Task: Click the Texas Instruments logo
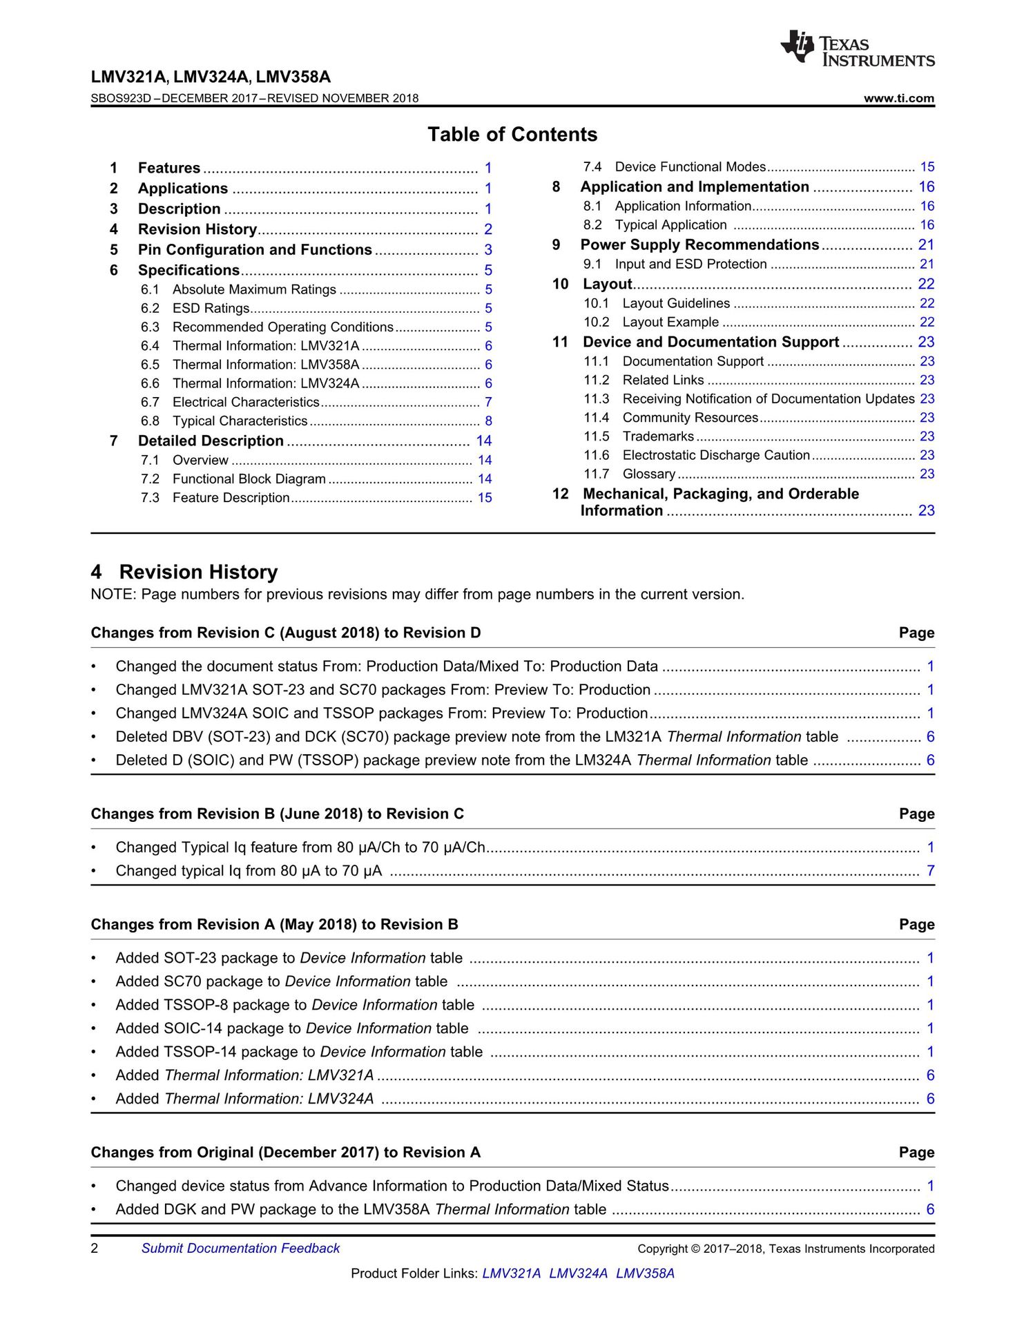coord(858,49)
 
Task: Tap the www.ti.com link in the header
coord(899,98)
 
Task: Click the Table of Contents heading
coord(512,135)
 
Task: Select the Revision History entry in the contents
coord(197,229)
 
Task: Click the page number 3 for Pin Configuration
coord(488,250)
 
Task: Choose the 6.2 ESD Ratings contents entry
coord(211,308)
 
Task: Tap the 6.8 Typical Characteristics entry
coord(240,421)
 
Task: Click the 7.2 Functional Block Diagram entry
coord(249,479)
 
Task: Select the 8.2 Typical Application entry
coord(670,225)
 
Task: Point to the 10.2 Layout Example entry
coord(670,322)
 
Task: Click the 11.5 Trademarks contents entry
coord(658,436)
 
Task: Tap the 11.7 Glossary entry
coord(648,474)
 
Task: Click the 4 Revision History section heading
coord(184,572)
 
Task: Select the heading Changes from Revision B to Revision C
coord(278,814)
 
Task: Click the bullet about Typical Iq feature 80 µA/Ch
coord(300,847)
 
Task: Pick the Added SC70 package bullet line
coord(281,981)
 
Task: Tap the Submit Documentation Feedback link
coord(240,1248)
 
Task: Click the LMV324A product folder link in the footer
coord(578,1273)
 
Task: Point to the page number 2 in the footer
coord(95,1248)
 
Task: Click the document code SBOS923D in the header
coord(121,98)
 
